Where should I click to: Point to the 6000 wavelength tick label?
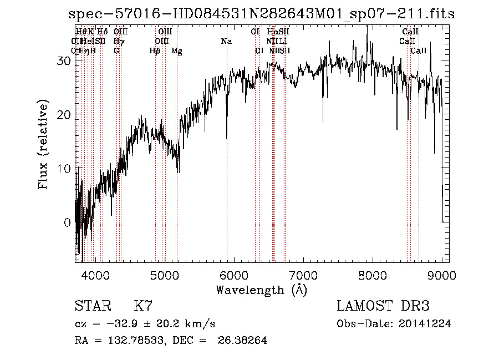(234, 274)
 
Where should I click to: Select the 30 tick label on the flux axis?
(64, 61)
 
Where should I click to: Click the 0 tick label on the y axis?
(68, 222)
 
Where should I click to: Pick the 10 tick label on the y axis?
(64, 169)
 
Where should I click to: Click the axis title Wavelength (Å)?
(261, 290)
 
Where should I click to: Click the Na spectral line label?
(226, 41)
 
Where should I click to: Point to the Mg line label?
(176, 51)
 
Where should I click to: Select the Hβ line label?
(155, 51)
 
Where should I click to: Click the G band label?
(116, 51)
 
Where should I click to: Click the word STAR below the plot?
(91, 306)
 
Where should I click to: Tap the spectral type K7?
(143, 306)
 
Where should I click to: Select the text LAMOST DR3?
(383, 306)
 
